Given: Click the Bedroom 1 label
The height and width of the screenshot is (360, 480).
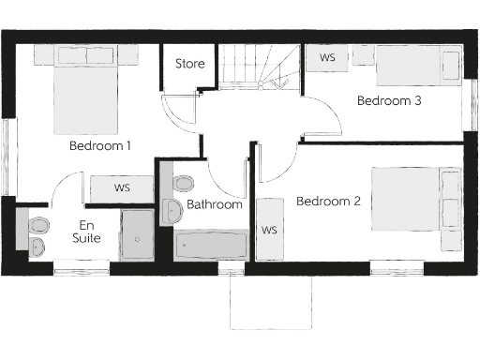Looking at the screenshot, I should coord(99,146).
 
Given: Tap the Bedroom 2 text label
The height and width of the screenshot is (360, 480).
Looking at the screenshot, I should coord(328,201).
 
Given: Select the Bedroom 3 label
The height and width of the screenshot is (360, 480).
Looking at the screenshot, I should coord(388,101).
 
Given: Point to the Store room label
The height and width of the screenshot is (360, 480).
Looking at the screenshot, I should coord(190,66).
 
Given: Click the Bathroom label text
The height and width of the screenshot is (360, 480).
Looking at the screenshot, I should coord(214,204).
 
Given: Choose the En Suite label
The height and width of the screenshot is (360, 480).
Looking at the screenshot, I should coord(86,232).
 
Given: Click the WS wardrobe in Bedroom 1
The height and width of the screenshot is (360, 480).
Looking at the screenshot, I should coord(122,188).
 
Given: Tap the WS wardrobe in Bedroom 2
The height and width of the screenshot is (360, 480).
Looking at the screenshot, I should coord(269,230).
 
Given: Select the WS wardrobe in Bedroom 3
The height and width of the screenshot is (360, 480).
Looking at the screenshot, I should coord(328,58).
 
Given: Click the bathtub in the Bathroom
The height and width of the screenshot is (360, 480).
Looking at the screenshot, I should coord(212,246).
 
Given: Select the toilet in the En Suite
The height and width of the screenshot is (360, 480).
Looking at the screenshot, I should coord(37,226).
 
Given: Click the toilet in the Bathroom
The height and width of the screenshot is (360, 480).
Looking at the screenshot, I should coord(182,181).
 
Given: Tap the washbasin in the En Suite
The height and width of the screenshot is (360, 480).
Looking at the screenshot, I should coord(37,247).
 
